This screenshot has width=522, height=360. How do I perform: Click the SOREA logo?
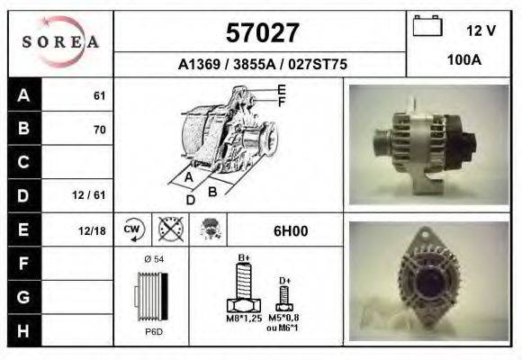[x=60, y=42]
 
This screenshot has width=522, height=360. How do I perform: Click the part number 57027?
[x=261, y=33]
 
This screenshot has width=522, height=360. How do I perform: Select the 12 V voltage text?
[x=481, y=31]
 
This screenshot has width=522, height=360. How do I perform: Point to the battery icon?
[x=427, y=27]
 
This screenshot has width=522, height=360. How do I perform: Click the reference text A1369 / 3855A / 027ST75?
[x=262, y=65]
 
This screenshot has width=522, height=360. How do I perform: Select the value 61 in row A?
[x=99, y=96]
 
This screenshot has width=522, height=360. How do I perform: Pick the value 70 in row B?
[x=99, y=130]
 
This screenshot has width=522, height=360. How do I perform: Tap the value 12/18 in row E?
[x=92, y=230]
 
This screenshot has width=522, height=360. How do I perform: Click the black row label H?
[x=23, y=329]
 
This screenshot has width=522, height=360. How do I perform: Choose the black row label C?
[x=23, y=163]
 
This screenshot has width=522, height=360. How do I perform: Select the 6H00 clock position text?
[x=291, y=230]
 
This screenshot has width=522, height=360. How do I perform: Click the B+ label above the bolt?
[x=243, y=257]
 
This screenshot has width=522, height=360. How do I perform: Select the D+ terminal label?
[x=284, y=280]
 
